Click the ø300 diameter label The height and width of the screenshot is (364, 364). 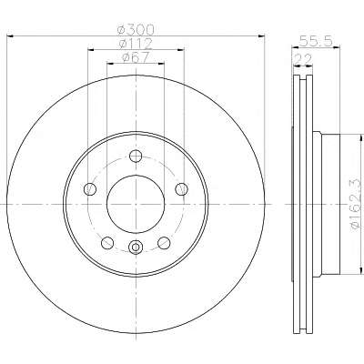tap(136, 29)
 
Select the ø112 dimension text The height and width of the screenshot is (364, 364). tap(136, 44)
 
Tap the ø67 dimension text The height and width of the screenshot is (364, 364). tap(136, 57)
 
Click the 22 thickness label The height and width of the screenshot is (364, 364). tap(303, 59)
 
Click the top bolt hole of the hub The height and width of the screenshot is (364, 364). tap(136, 157)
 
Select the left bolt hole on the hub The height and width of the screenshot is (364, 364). tap(90, 189)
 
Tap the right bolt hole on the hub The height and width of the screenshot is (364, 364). tap(182, 189)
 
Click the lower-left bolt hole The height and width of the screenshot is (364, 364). tap(107, 243)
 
